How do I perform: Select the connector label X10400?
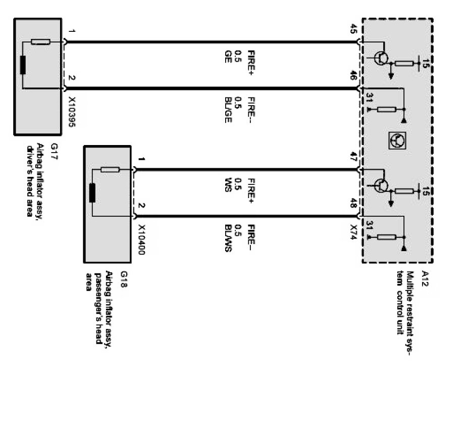[x=141, y=239]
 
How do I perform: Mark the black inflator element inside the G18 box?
[x=92, y=193]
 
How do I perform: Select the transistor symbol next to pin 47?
[x=382, y=186]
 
